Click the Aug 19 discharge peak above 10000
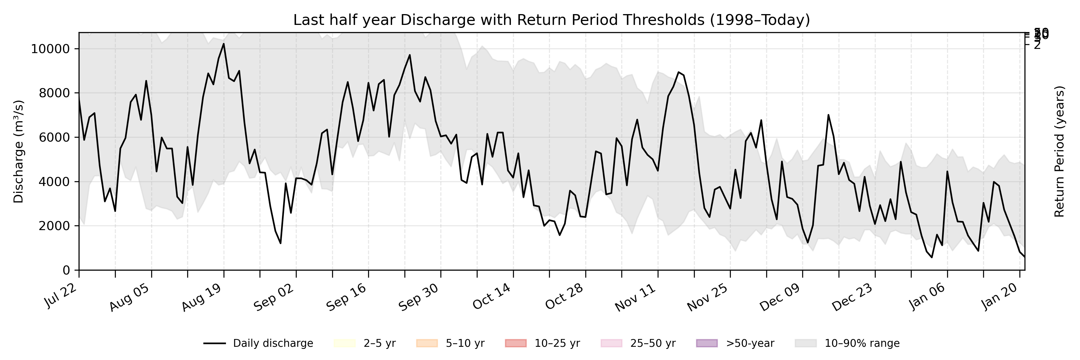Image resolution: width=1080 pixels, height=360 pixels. (223, 44)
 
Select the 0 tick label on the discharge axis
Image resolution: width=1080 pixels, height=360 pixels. (66, 270)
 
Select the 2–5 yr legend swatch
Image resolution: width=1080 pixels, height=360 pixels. (345, 343)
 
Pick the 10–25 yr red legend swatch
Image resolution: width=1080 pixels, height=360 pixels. (515, 343)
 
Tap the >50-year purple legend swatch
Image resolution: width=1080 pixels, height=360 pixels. (706, 343)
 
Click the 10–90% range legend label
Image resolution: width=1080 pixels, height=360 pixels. (862, 343)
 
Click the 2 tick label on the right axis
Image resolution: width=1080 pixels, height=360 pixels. (1037, 45)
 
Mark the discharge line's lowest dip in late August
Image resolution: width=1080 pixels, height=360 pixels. (280, 243)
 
